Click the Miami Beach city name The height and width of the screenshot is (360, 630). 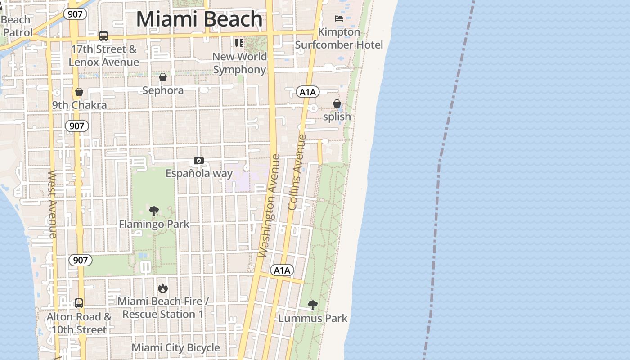coord(199,19)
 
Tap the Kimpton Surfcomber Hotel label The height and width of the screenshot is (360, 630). coord(339,38)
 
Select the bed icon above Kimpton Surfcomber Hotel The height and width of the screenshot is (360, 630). coord(339,18)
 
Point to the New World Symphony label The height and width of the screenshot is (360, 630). coord(239,63)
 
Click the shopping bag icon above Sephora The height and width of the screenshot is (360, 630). coord(163,77)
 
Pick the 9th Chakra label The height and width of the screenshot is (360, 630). coord(79,105)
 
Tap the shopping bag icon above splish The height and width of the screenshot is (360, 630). coord(337,104)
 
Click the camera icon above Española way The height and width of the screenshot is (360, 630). coord(198,161)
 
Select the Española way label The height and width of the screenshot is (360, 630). coord(199,173)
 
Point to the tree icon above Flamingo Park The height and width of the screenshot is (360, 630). coord(154,211)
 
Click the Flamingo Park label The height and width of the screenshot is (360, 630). coord(154,224)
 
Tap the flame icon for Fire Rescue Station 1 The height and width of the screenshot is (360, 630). coord(162,288)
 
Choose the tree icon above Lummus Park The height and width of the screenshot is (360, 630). coord(313,305)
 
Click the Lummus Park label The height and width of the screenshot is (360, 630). coord(313,318)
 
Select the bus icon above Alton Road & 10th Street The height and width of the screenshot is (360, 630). coord(79,303)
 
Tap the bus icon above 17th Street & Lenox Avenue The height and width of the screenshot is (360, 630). coord(103,36)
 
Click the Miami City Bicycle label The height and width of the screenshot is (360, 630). coord(175,347)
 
